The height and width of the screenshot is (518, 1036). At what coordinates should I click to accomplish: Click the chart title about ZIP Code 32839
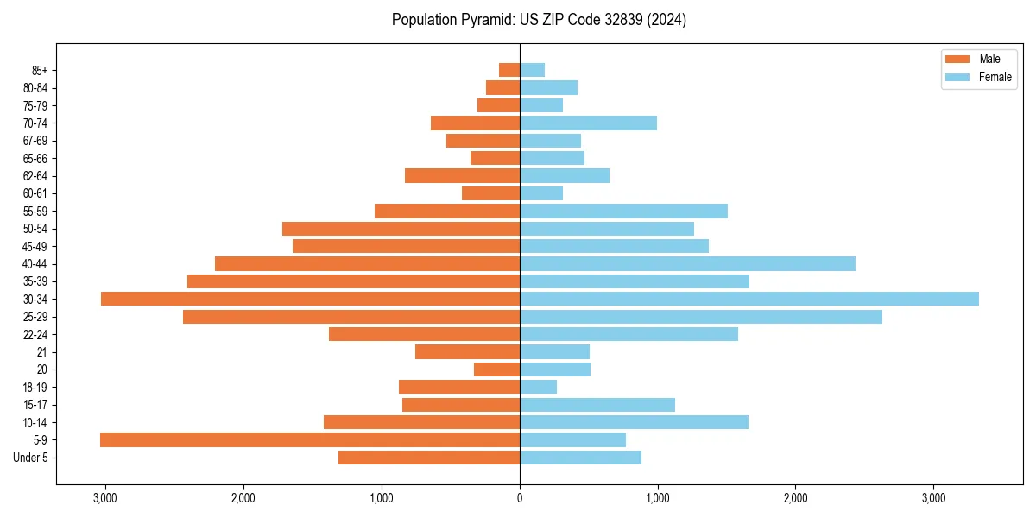[x=539, y=20]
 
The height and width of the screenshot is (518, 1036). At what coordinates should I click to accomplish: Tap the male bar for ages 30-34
[x=310, y=299]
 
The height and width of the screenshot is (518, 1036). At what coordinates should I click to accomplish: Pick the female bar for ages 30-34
[x=749, y=299]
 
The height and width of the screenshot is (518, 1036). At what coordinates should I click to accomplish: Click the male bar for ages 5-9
[x=310, y=440]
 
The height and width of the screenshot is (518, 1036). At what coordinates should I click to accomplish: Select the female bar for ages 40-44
[x=687, y=263]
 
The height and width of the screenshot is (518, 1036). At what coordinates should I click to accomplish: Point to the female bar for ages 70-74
[x=588, y=123]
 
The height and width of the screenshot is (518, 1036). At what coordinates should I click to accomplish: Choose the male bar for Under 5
[x=429, y=458]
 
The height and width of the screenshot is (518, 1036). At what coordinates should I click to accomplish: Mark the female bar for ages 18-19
[x=538, y=387]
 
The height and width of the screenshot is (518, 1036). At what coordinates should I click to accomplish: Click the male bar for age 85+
[x=509, y=70]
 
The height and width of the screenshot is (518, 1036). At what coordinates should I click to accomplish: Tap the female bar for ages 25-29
[x=700, y=317]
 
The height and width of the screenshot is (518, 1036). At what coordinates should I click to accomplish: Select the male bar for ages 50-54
[x=401, y=229]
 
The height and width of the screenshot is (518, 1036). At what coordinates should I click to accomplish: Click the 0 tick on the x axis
[x=520, y=498]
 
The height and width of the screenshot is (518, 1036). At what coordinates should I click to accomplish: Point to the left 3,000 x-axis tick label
[x=105, y=498]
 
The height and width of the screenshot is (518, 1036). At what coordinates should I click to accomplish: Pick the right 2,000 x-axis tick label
[x=795, y=498]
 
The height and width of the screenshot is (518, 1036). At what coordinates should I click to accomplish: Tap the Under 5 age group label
[x=31, y=458]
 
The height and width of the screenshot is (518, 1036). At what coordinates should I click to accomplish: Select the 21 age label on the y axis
[x=41, y=352]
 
